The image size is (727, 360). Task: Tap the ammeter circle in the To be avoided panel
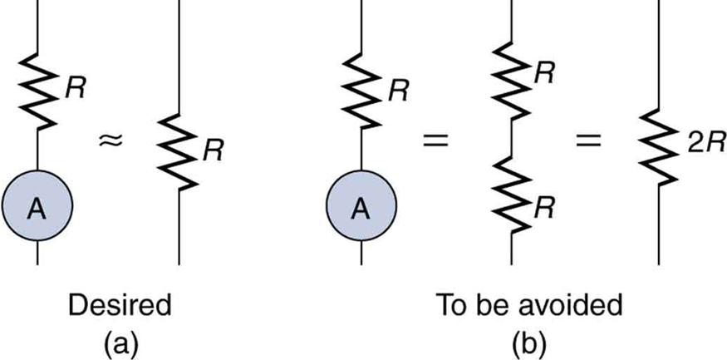(361, 209)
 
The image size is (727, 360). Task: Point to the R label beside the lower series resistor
(545, 209)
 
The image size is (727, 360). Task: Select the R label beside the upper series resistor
(545, 74)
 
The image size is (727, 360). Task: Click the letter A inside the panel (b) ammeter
(361, 210)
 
